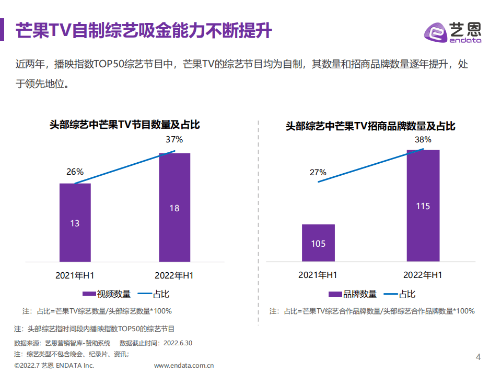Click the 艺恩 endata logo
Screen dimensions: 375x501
coord(452,32)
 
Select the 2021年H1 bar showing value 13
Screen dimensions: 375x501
coord(75,222)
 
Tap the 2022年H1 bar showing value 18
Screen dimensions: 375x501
coord(174,207)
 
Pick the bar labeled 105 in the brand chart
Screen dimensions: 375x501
coord(318,243)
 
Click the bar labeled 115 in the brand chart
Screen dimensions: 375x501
coord(423,205)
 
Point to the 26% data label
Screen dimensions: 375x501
coord(75,172)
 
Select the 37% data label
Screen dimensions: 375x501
coord(174,139)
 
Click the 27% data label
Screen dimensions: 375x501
coord(318,172)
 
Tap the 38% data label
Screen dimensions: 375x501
coord(423,139)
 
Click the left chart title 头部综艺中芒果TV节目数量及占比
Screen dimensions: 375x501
coord(125,125)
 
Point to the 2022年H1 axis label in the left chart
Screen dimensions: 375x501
coord(174,275)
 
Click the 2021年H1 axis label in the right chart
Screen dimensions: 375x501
coord(318,275)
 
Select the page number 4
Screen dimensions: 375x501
coord(478,357)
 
